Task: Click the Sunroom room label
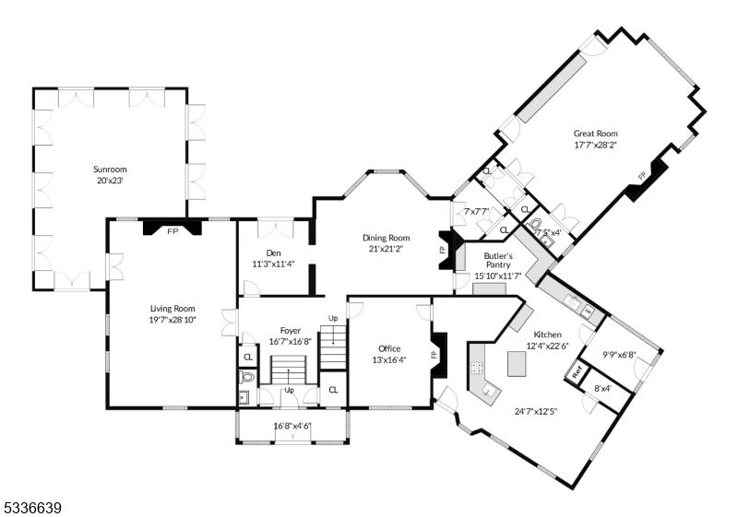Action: coord(109,170)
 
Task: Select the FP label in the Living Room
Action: coord(172,231)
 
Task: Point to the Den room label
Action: coord(273,253)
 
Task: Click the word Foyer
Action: coord(291,330)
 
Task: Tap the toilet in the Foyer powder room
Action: coord(246,378)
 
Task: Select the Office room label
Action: coord(389,348)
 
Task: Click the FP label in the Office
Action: coord(433,354)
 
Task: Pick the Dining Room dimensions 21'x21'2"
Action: coord(385,248)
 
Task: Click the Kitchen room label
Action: coord(547,335)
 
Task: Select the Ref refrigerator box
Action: coord(577,374)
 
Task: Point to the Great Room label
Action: coord(595,133)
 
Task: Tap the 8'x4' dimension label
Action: coord(601,388)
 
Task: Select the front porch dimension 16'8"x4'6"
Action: coord(292,426)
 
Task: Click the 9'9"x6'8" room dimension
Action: coord(619,354)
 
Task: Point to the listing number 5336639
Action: coord(33,507)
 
